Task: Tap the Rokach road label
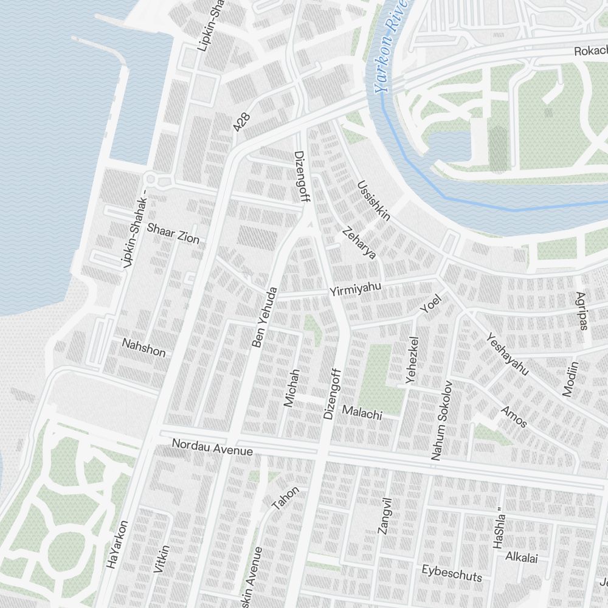590,52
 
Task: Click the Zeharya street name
359,243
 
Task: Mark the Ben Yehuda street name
264,317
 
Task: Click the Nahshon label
143,347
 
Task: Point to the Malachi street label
362,413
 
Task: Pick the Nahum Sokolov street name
442,420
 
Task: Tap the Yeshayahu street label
507,354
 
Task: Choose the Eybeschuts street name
452,573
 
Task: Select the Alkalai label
522,557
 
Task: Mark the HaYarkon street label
117,544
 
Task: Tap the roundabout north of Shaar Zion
151,179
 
